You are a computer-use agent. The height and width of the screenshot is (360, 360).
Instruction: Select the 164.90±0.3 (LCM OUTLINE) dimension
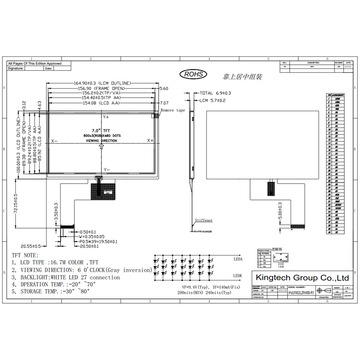click(x=103, y=83)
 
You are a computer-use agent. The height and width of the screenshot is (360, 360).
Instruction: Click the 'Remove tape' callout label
click(x=173, y=110)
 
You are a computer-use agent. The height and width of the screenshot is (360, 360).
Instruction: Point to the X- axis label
click(x=54, y=140)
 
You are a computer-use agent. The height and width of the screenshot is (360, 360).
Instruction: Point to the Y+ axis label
click(x=107, y=117)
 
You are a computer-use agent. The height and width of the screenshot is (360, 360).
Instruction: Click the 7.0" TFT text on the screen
click(x=100, y=130)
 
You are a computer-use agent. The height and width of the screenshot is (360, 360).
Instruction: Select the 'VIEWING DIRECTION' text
click(x=101, y=141)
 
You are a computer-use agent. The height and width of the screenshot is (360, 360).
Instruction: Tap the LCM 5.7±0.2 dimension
click(x=212, y=100)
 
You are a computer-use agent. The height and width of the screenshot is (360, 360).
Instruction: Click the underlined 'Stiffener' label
click(x=203, y=220)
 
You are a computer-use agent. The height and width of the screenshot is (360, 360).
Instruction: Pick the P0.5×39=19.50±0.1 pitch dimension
click(x=95, y=241)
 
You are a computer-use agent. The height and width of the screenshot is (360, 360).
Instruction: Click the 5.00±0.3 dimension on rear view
click(x=280, y=211)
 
